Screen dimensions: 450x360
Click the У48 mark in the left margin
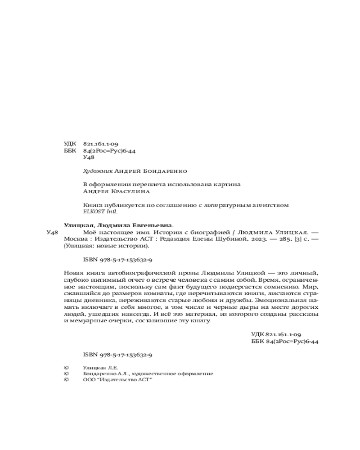tap(53, 233)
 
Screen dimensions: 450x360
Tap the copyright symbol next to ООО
tap(67, 380)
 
